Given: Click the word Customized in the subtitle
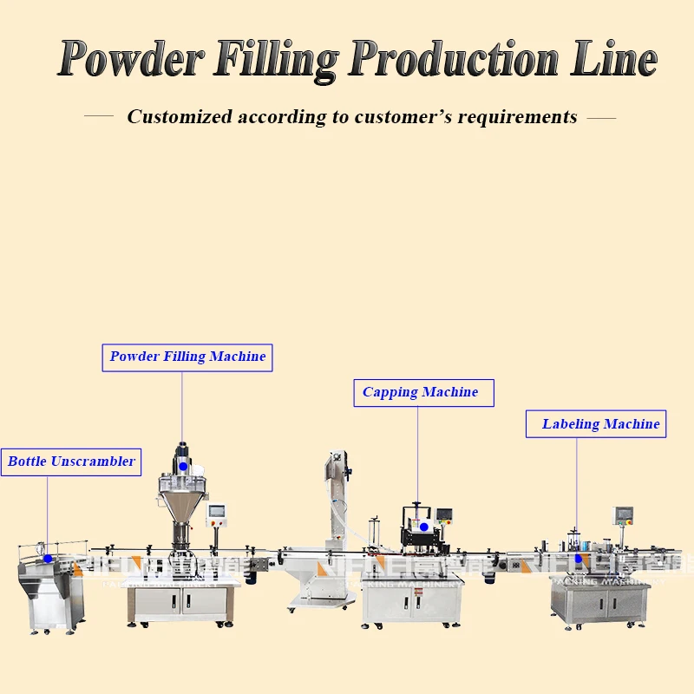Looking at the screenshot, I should [180, 116].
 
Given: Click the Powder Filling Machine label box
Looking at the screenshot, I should [187, 357].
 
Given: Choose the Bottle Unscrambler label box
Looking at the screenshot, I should [71, 462].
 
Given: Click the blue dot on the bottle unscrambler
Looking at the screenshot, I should [48, 558].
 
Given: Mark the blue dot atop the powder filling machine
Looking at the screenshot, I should [182, 467].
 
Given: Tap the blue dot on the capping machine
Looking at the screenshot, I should [423, 527].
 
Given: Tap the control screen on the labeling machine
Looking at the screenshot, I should [622, 515].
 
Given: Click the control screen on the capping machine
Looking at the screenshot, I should [444, 515].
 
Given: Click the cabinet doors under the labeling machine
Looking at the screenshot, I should [601, 606].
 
